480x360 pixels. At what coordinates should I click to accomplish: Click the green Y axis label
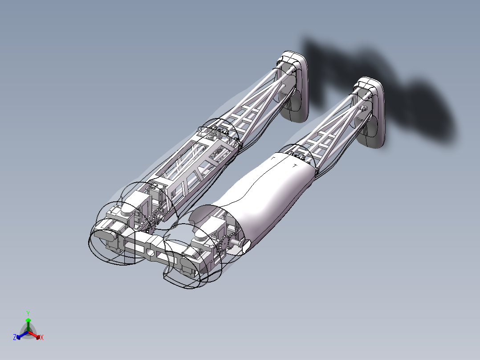click(28, 313)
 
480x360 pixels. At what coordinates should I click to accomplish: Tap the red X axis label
click(42, 338)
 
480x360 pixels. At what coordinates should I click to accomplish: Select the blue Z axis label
click(15, 338)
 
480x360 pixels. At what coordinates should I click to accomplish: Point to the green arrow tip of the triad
click(28, 320)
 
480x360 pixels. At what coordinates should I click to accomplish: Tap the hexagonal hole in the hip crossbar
click(151, 252)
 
